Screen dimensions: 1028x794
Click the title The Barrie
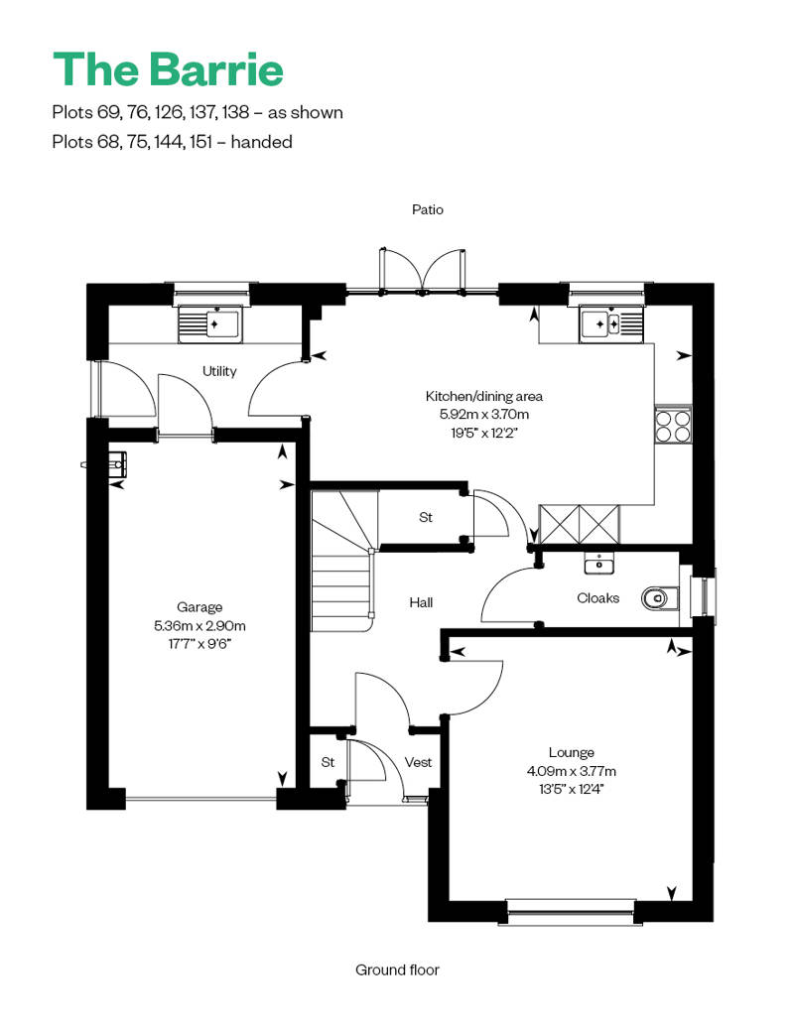pos(168,69)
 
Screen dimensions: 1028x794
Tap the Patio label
pos(428,209)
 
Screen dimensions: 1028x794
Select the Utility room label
pos(219,371)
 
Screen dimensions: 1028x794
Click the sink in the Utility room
pos(209,323)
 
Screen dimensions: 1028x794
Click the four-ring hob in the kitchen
pos(672,425)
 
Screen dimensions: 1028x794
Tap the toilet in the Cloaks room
pos(658,597)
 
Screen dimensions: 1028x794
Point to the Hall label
pos(421,602)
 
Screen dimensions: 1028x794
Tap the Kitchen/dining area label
pos(484,396)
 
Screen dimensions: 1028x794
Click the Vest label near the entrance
pos(418,762)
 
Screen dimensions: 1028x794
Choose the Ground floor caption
pos(397,969)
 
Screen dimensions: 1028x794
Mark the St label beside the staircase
pos(426,517)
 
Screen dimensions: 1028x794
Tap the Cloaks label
pos(597,597)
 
